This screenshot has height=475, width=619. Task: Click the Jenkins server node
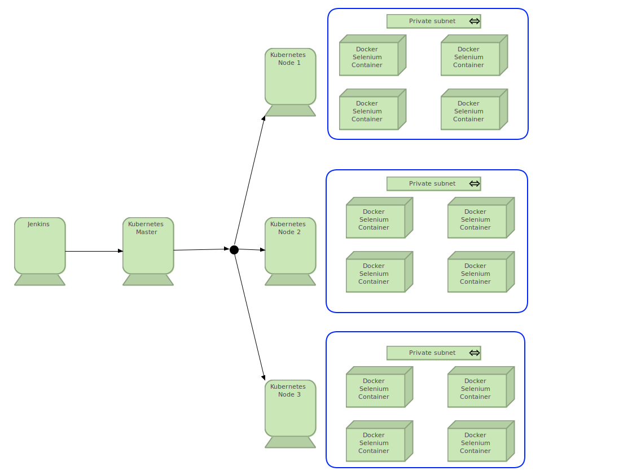click(39, 247)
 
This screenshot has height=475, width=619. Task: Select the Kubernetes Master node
click(148, 247)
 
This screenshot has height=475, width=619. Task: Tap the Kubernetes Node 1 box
click(290, 77)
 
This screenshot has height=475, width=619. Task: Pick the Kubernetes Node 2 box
click(290, 247)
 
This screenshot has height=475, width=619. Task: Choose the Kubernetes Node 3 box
click(290, 409)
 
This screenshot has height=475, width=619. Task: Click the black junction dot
click(234, 250)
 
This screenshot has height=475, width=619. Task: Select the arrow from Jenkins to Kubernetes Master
click(93, 251)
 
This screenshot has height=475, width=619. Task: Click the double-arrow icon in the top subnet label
click(475, 21)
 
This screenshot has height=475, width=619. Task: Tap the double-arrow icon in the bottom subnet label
click(475, 353)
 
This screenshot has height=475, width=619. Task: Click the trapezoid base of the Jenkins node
click(39, 280)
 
